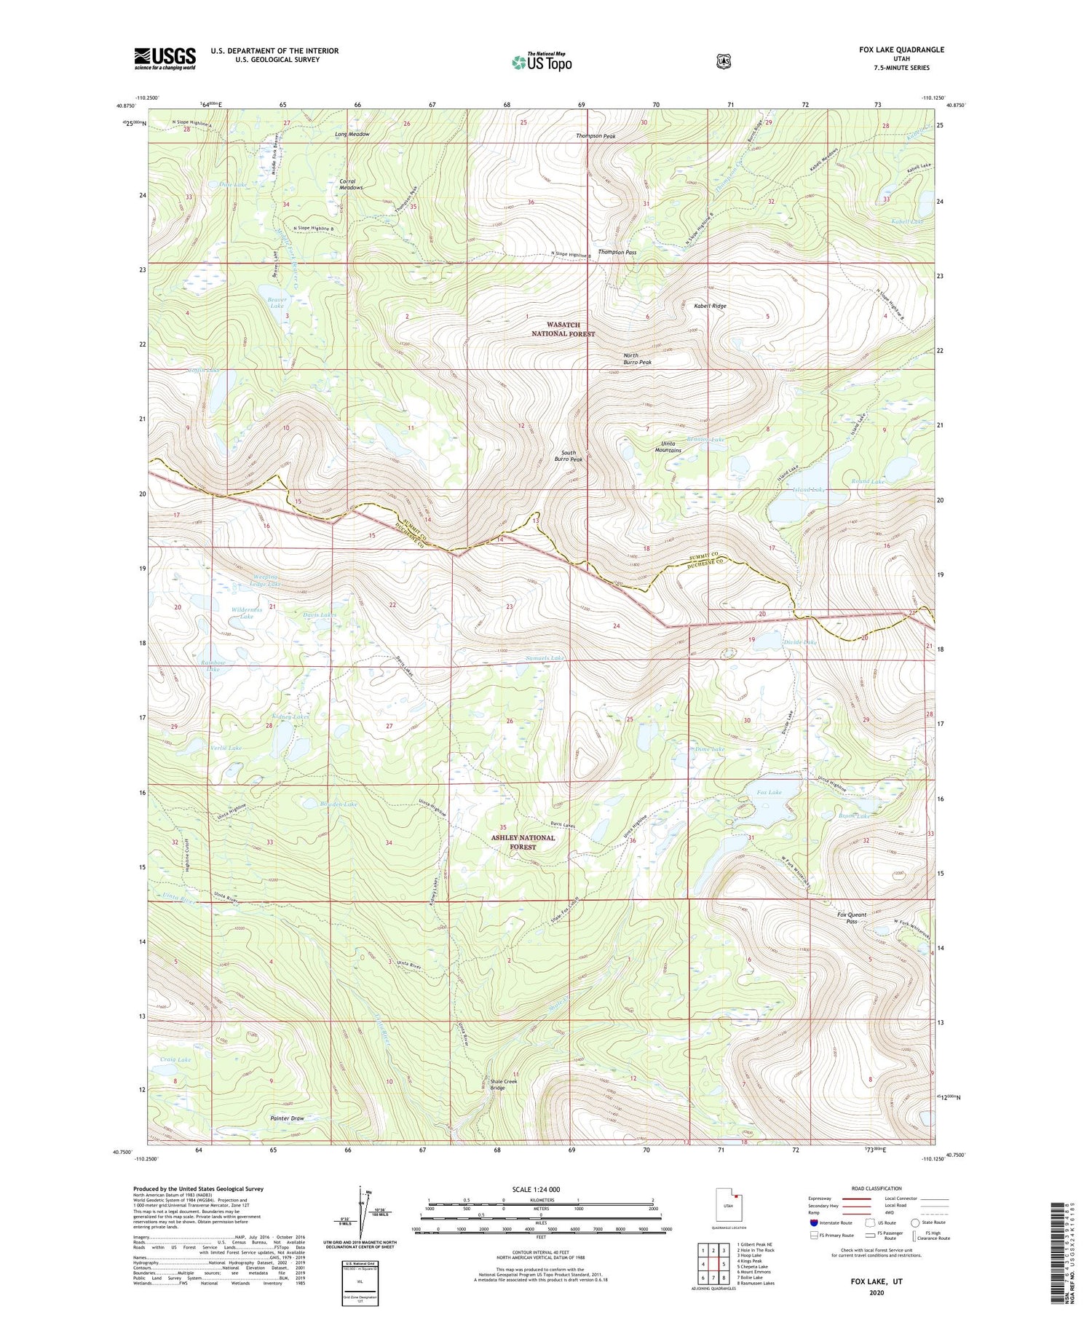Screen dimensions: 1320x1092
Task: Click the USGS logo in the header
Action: pyautogui.click(x=165, y=58)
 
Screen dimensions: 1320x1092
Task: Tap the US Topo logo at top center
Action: pyautogui.click(x=542, y=62)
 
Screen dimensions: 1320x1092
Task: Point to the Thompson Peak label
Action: pyautogui.click(x=596, y=136)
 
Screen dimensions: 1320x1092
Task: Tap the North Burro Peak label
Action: pyautogui.click(x=637, y=359)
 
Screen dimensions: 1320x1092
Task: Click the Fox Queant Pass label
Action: pyautogui.click(x=851, y=918)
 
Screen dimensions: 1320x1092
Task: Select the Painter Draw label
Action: pyautogui.click(x=287, y=1118)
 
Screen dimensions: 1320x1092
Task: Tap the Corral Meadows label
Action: pyautogui.click(x=351, y=185)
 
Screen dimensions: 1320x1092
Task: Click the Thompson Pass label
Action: pyautogui.click(x=617, y=253)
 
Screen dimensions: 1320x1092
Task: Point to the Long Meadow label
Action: pyautogui.click(x=352, y=135)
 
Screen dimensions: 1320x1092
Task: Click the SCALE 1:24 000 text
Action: pyautogui.click(x=536, y=1190)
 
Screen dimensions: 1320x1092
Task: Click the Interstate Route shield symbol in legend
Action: pyautogui.click(x=813, y=1223)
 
